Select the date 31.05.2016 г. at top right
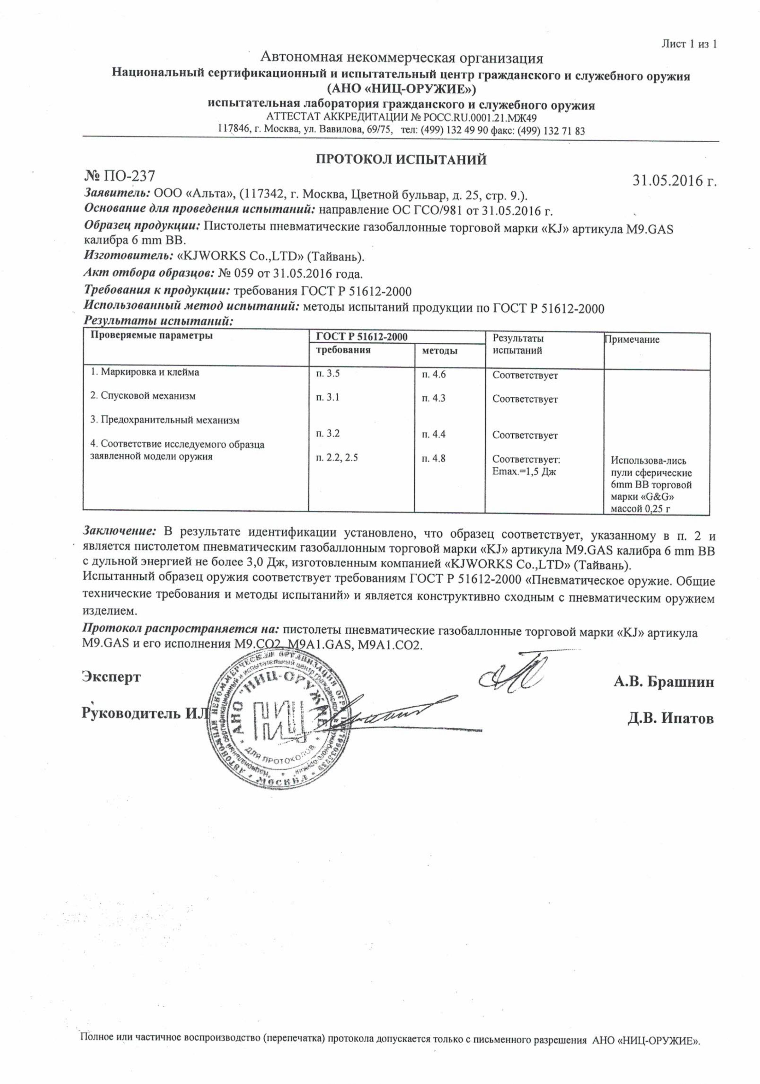tap(674, 181)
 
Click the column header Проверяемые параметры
tap(151, 336)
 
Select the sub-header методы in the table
tap(439, 351)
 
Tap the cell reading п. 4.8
tap(434, 458)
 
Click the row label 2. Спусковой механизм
tap(143, 396)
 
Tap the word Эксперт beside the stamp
tap(111, 676)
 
